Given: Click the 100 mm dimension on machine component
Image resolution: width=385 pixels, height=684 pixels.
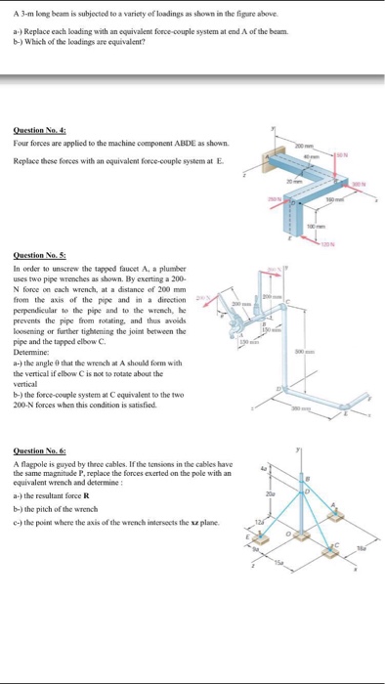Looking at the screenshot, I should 319,226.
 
